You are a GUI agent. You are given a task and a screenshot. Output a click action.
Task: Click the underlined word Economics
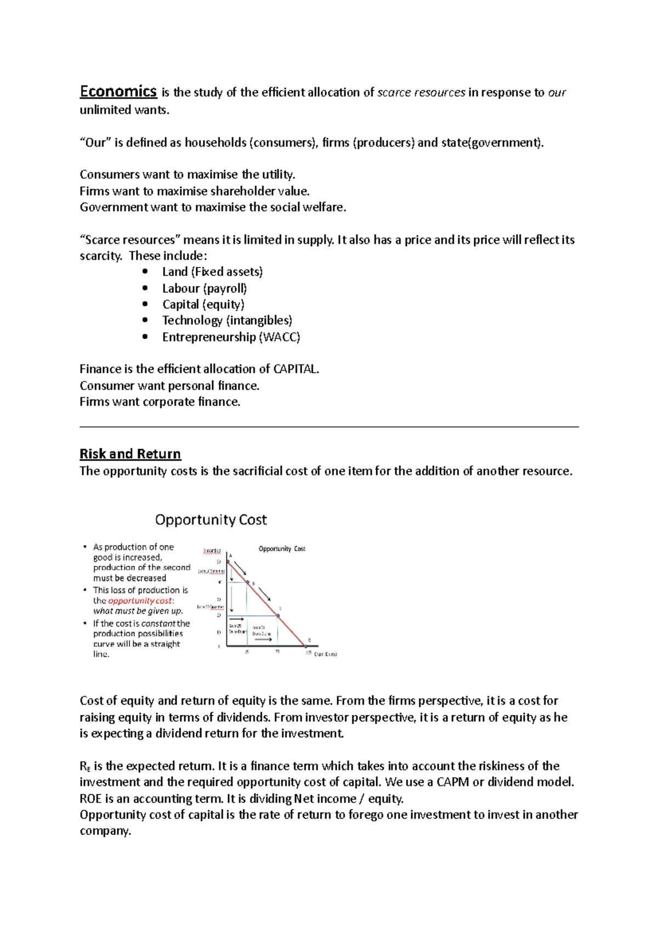[118, 91]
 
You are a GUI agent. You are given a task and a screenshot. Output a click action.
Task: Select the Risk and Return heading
[130, 454]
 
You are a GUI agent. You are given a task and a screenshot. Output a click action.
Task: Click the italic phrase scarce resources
[421, 92]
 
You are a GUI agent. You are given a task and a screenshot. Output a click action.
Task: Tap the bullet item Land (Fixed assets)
[212, 272]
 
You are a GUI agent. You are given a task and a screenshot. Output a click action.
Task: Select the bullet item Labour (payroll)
[204, 288]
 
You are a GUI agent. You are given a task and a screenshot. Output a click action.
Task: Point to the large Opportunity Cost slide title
[211, 519]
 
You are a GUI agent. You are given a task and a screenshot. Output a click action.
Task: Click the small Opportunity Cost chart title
[282, 548]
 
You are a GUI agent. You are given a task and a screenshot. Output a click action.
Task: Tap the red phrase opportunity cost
[140, 600]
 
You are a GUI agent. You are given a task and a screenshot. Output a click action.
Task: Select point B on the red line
[248, 582]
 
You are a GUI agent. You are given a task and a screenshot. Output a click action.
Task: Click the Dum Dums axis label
[325, 654]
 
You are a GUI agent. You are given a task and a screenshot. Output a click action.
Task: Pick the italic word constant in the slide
[158, 624]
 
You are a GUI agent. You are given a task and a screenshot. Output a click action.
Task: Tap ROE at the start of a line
[90, 799]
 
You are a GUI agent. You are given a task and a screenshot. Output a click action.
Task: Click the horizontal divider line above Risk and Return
[329, 426]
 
